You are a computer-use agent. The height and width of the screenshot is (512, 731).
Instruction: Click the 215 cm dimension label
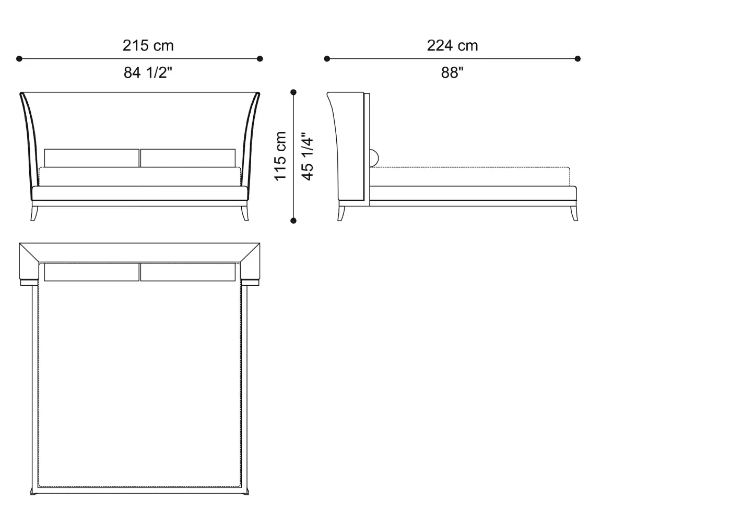pos(148,46)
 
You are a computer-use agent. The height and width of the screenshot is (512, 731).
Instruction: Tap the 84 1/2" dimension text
pos(148,72)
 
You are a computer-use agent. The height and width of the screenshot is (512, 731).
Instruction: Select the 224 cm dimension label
pos(452,46)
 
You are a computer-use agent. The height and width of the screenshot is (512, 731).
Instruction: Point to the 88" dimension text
pos(452,72)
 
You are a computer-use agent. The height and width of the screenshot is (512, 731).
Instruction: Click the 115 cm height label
pos(280,156)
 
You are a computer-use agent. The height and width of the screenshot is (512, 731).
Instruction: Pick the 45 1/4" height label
pos(307,156)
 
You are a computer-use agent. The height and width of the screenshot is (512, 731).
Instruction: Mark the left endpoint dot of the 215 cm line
pos(19,59)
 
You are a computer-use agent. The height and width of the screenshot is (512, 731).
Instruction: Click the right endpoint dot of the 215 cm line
pos(260,59)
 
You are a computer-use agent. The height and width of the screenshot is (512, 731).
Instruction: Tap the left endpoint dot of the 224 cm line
pos(327,59)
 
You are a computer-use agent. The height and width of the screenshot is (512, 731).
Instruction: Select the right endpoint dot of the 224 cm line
pos(577,59)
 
